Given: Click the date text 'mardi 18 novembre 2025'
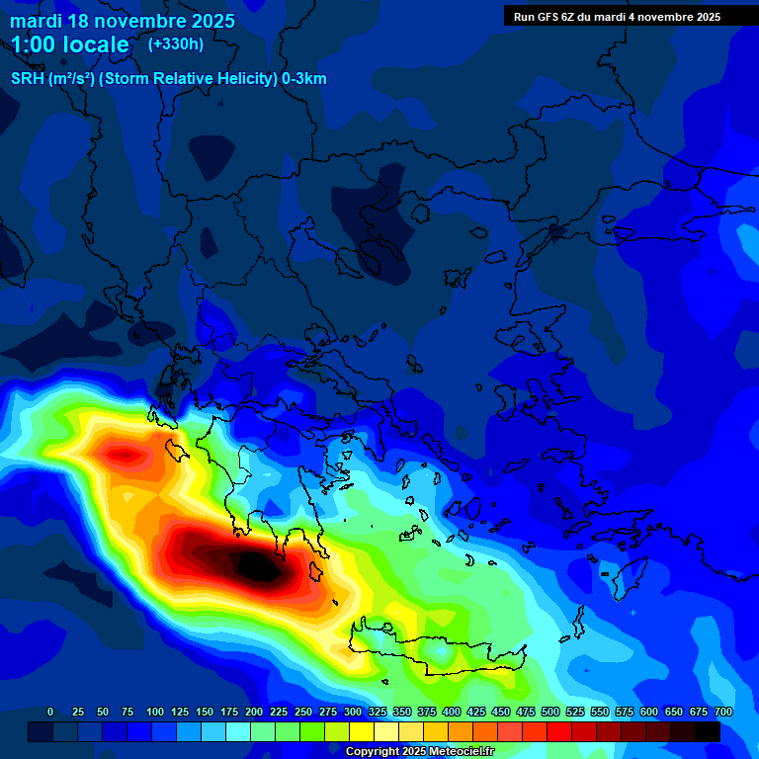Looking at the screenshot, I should [x=123, y=21].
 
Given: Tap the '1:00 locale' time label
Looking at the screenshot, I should [x=70, y=44].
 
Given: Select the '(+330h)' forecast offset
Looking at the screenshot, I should [x=176, y=43].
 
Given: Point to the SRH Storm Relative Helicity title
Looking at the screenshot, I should [x=168, y=79].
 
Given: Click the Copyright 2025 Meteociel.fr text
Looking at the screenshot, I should [x=419, y=751].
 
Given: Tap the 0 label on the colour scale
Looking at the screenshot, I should [x=50, y=712].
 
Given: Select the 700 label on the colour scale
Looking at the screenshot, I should [x=722, y=712].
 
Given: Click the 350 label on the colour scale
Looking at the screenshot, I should [x=402, y=712].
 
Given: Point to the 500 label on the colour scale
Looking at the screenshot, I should [x=550, y=712].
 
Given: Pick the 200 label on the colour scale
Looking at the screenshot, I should [x=254, y=712].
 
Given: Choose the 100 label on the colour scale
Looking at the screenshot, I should [x=155, y=712].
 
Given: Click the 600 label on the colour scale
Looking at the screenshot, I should [x=649, y=712].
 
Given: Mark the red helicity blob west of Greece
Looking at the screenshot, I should [x=124, y=457].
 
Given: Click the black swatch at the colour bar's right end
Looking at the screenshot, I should [x=707, y=732].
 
